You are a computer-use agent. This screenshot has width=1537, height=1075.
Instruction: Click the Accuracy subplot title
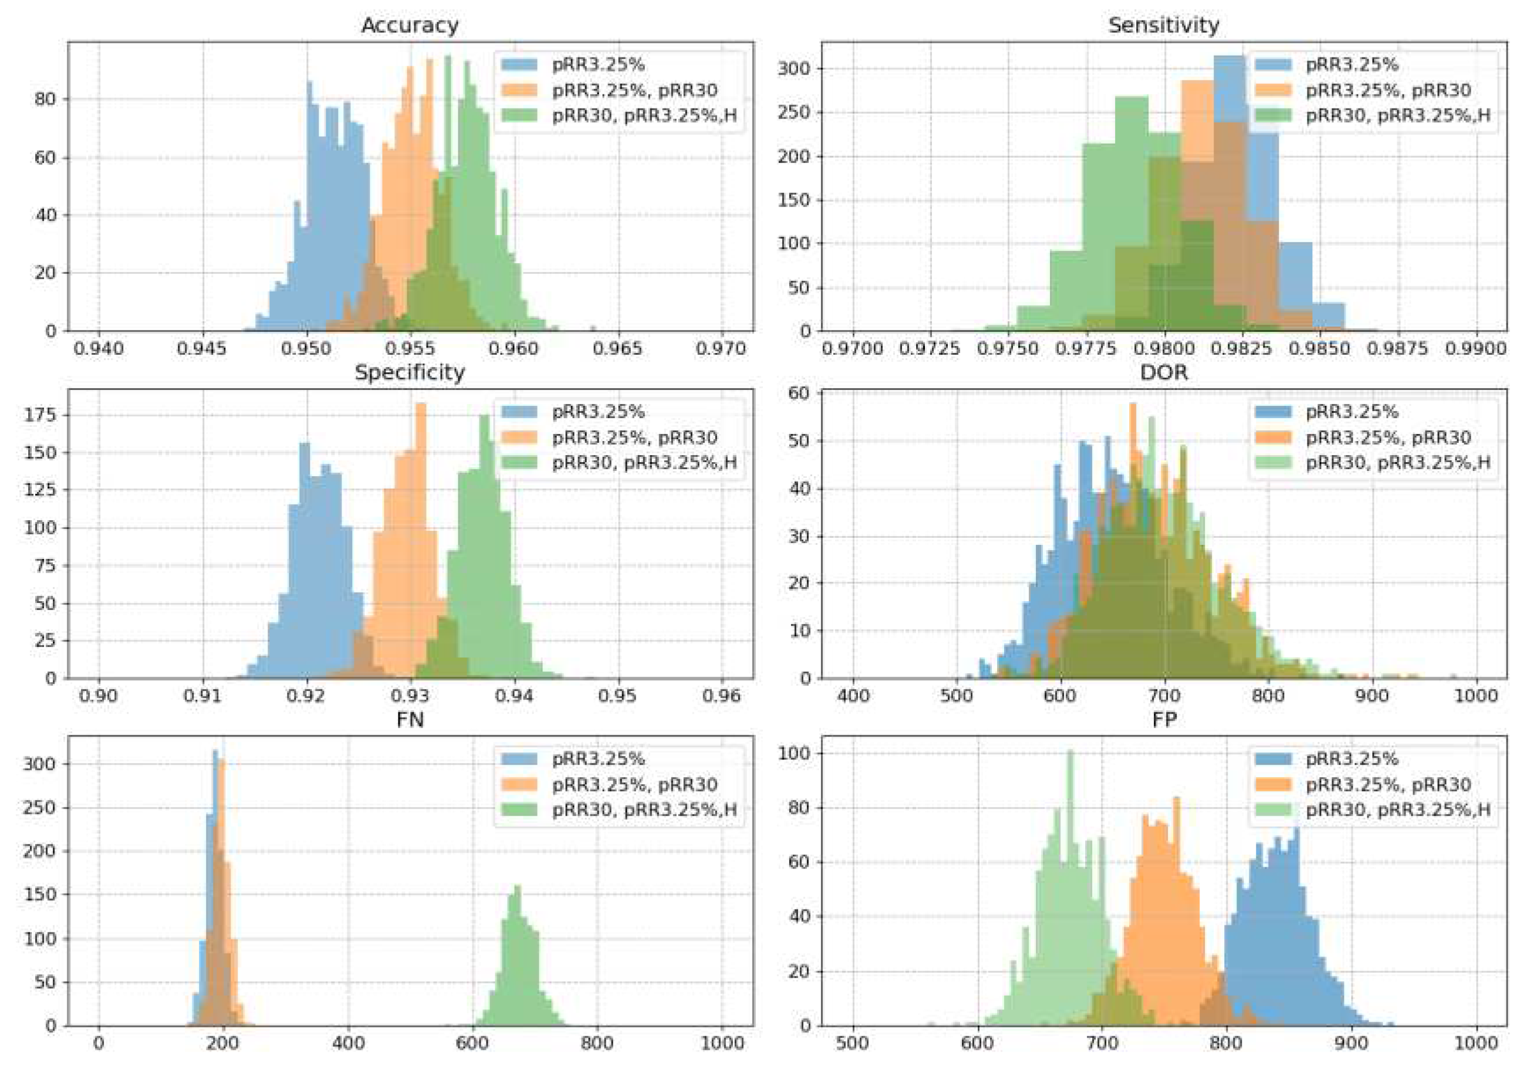pos(410,25)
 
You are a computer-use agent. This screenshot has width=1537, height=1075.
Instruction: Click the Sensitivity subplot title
pos(1164,25)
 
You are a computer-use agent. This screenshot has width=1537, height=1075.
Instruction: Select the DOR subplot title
pos(1164,372)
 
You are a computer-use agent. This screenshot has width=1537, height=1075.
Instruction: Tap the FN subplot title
pos(410,720)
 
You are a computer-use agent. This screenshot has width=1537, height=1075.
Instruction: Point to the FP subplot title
pos(1164,720)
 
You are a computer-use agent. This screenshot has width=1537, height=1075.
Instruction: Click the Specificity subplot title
pos(410,372)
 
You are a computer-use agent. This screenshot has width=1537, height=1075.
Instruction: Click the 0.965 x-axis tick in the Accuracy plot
pos(618,348)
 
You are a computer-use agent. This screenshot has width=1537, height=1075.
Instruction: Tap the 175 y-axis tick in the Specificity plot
pos(42,415)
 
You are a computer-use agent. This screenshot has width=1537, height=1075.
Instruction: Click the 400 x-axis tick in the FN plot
pos(348,1043)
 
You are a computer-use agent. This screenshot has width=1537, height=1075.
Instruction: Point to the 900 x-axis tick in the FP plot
pos(1351,1043)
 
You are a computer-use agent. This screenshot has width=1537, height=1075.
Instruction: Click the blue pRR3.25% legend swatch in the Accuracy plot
pos(519,65)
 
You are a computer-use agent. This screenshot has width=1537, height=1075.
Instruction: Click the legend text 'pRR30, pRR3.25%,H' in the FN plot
pos(644,810)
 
